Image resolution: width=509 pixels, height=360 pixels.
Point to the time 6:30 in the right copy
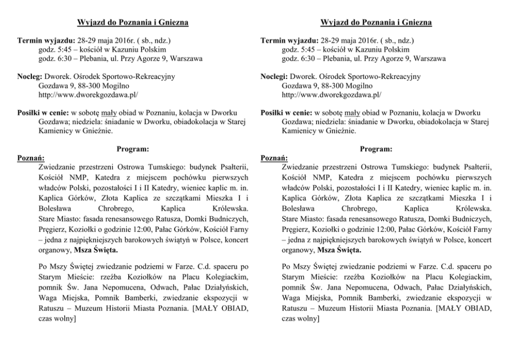click(306, 58)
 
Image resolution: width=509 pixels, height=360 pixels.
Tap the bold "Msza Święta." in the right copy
click(339, 250)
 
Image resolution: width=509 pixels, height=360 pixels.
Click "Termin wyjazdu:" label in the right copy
click(288, 40)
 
